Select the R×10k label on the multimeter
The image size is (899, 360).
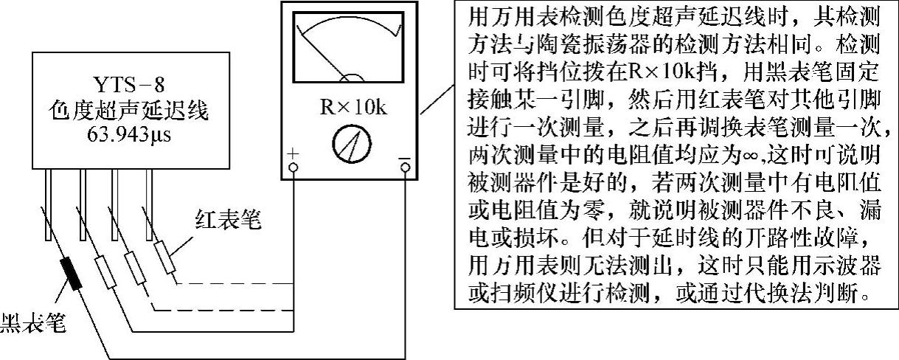353,107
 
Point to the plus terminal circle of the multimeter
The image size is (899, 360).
293,168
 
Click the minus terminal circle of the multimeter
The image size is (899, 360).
404,168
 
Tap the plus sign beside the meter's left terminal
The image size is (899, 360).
293,153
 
